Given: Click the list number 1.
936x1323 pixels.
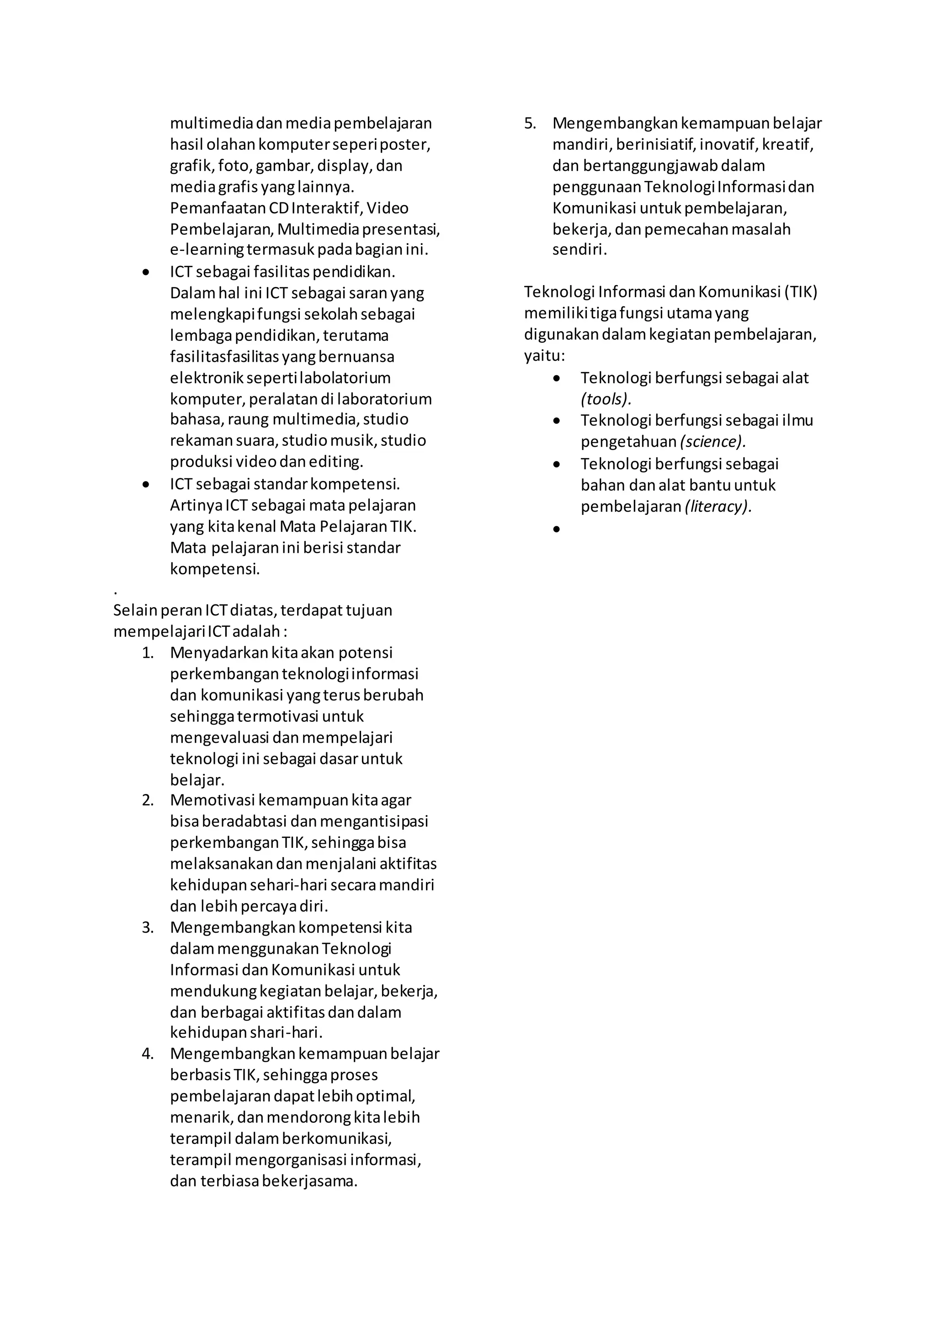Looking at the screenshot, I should coord(148,653).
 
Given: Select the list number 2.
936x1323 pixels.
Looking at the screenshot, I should coord(148,800).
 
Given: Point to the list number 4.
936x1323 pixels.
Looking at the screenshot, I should coord(148,1054).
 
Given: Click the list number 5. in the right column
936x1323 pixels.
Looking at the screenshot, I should coord(530,123).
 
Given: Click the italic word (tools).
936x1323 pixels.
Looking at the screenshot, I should coord(606,399).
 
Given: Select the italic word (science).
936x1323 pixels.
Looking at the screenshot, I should coord(713,442).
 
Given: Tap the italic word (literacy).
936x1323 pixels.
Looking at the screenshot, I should coord(718,507).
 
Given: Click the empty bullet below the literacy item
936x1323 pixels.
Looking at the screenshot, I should coord(556,529).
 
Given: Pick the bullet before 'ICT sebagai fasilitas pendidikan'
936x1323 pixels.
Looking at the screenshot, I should coord(146,272).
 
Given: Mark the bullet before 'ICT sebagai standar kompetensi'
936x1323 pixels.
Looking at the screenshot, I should coord(146,485).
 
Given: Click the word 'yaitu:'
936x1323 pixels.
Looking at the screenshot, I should coord(544,356).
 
